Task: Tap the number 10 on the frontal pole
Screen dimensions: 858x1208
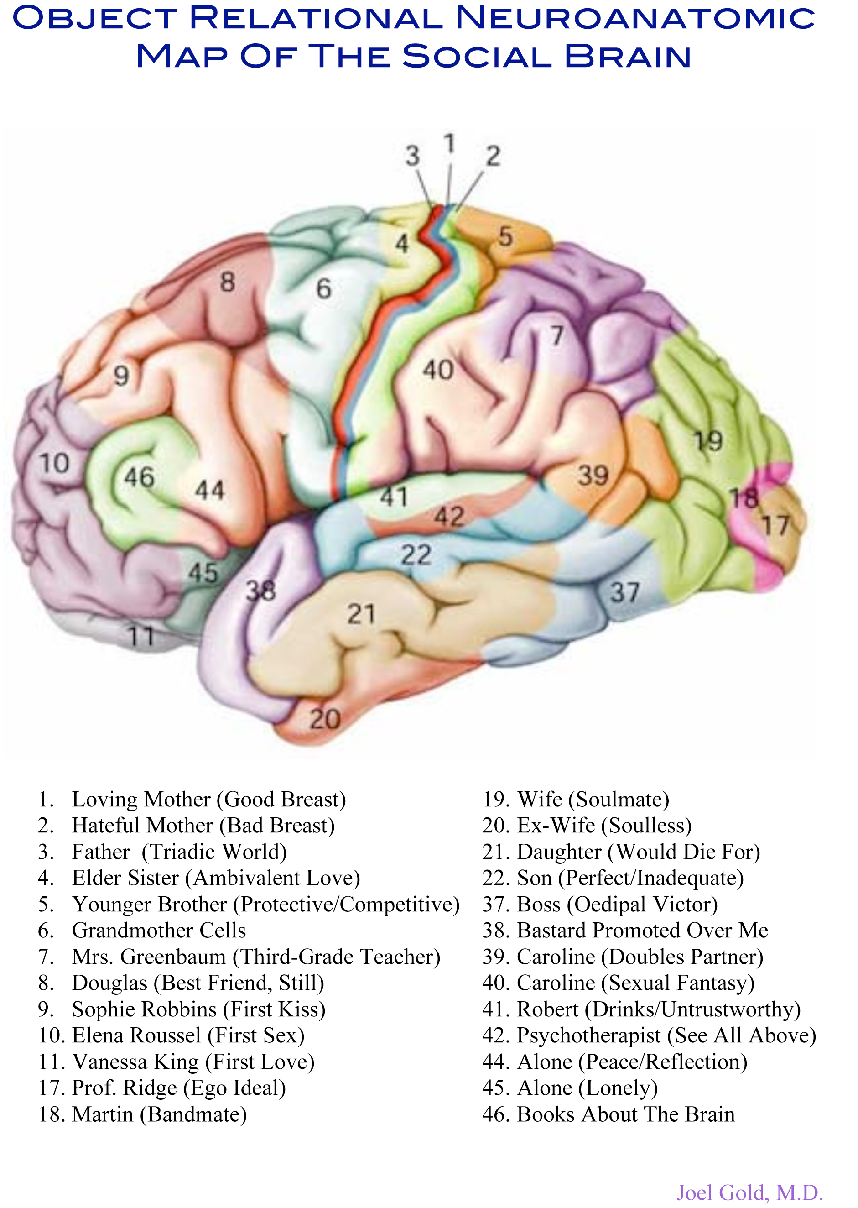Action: coord(54,463)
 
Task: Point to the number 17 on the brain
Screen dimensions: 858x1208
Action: coord(775,525)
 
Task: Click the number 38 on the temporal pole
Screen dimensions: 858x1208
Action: coord(261,590)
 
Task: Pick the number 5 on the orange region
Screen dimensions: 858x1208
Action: coord(505,236)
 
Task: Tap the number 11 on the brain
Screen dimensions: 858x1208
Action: coord(141,636)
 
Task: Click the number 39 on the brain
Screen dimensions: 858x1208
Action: coord(593,476)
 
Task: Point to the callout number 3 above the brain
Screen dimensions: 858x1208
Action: coord(413,156)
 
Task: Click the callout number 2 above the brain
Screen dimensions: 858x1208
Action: coord(493,157)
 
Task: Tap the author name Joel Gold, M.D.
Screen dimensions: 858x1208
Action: coord(750,1192)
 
